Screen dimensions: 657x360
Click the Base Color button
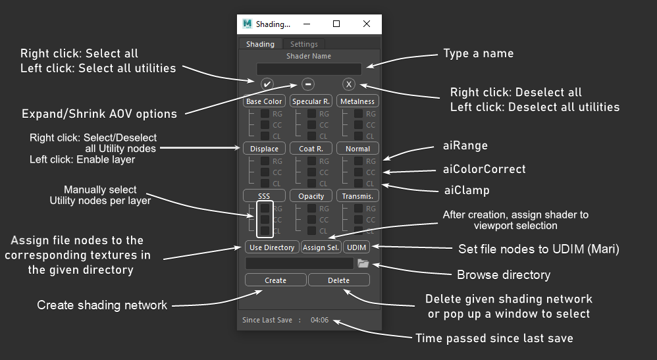pos(264,101)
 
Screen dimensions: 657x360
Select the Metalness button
pos(357,101)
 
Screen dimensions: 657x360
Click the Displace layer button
pos(264,148)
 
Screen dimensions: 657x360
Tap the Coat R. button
pos(311,148)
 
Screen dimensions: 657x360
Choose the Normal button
pos(357,148)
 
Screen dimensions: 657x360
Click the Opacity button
pos(311,195)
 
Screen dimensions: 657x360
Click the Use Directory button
pos(272,247)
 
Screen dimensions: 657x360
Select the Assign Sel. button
pos(321,247)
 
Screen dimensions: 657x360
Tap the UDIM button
pos(357,247)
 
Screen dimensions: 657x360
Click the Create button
pos(275,280)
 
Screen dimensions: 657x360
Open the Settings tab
pos(303,44)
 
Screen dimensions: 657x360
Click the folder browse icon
pos(363,263)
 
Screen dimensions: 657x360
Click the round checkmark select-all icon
pos(267,84)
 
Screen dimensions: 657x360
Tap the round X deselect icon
pos(349,84)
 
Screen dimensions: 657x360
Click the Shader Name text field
pos(309,68)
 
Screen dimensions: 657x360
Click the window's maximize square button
pos(336,24)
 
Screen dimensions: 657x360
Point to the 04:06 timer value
pos(320,320)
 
